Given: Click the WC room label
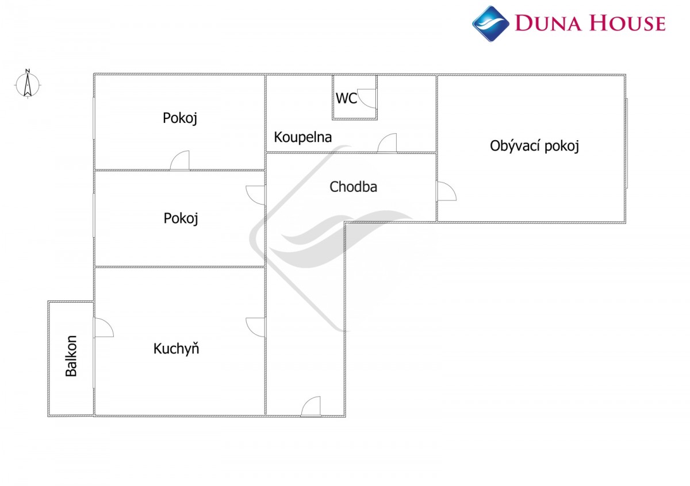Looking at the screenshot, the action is coord(346,98).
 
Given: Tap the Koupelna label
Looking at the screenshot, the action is coord(303,137).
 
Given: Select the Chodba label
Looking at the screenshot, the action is coord(353,187).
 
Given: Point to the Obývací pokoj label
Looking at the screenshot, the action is coord(534,146).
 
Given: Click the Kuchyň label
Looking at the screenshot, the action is coord(176,349).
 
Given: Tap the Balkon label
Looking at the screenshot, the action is coord(71,356).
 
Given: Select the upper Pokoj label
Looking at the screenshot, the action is coord(180,118).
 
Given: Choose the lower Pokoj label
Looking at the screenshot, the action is coord(181,218).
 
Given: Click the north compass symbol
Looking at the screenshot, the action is coord(28,84).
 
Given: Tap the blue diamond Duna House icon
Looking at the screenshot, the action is coord(490,24).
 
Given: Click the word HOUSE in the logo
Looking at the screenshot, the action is coord(627,23).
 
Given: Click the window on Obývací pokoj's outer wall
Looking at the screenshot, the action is coord(627,143).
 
